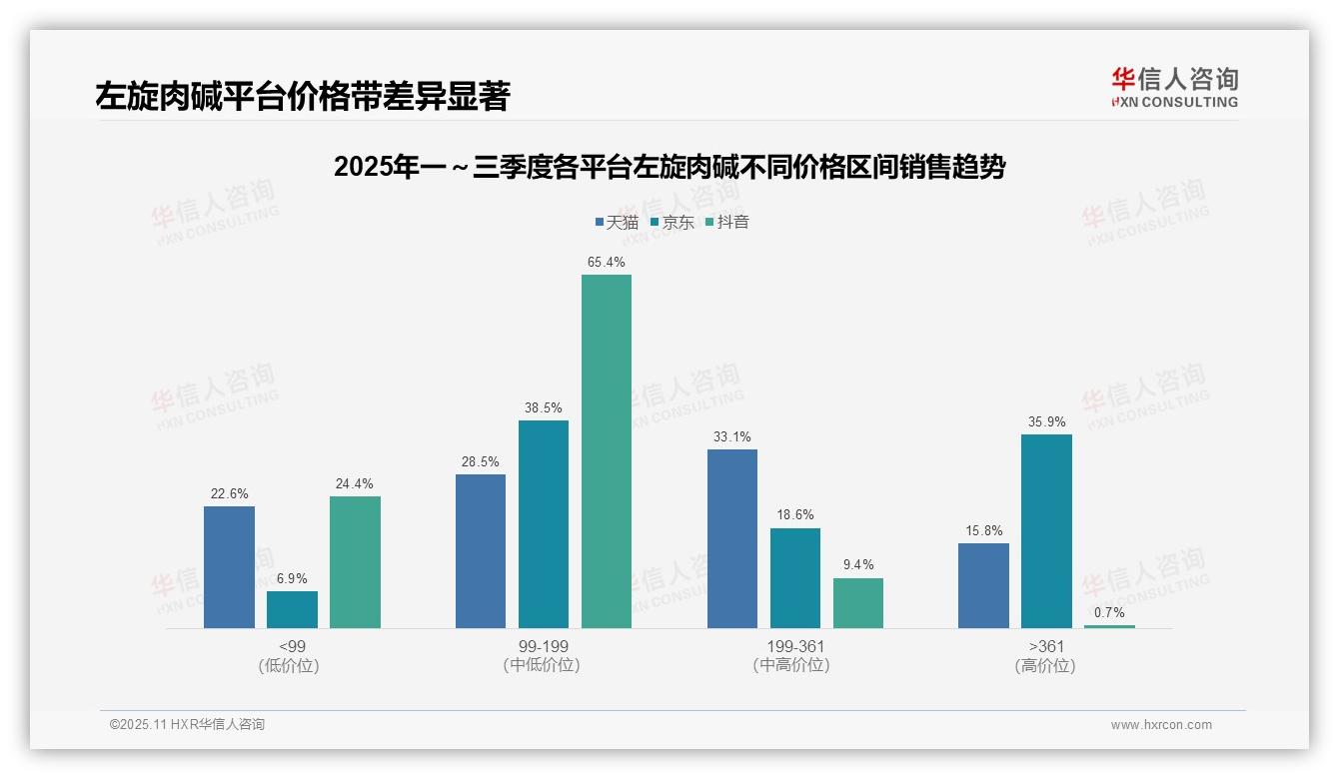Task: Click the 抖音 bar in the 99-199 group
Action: coord(607,451)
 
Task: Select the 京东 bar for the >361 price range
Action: coord(1046,531)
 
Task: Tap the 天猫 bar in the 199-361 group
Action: coord(732,538)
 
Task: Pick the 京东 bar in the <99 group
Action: coord(292,609)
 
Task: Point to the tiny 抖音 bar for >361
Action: coord(1109,626)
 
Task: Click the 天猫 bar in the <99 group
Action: coord(229,567)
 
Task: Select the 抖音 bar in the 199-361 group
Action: coord(858,603)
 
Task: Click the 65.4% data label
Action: coord(607,263)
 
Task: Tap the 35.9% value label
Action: coord(1046,422)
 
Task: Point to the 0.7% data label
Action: coord(1109,612)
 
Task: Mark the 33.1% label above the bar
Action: coord(732,437)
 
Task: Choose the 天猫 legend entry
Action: coord(616,223)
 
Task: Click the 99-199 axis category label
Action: coord(543,646)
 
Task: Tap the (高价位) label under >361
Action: coord(1045,666)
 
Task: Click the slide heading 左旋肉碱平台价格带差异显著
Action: coord(303,97)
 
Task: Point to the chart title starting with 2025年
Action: coord(669,168)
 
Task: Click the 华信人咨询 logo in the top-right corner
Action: coord(1174,88)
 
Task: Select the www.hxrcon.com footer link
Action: coord(1160,725)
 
